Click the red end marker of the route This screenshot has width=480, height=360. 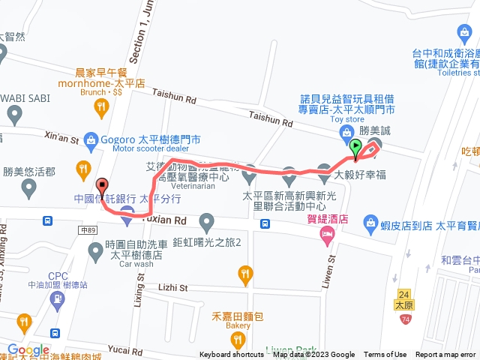102,187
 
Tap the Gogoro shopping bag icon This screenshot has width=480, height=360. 91,139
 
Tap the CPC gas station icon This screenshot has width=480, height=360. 58,300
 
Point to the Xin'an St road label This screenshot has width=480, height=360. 61,137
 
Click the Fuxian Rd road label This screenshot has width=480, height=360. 169,221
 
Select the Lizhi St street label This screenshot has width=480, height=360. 174,286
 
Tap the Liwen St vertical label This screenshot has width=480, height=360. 331,267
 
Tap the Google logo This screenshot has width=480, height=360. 28,350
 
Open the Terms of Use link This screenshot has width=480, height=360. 385,355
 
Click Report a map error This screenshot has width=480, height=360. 445,355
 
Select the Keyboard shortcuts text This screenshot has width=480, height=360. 232,355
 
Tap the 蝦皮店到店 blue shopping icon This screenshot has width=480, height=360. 370,223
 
